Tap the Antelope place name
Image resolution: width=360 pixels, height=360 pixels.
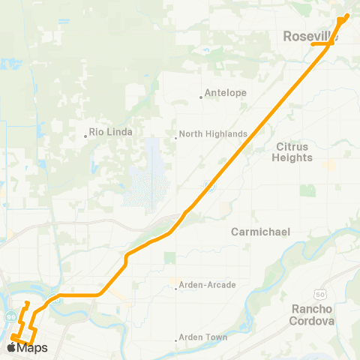coord(224,95)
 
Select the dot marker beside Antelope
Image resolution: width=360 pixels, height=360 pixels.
coord(201,96)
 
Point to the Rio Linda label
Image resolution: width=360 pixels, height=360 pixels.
coord(111,132)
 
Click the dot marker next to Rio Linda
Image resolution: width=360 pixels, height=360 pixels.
coord(85,136)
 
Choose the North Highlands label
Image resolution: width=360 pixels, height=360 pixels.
coord(214,134)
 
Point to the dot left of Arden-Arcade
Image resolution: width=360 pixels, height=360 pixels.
coord(175,286)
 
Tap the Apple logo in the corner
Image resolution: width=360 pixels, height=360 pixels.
coord(13,348)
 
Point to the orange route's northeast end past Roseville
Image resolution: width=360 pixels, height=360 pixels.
coord(348,15)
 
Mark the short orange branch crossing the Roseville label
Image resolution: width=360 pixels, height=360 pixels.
coord(322,43)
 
